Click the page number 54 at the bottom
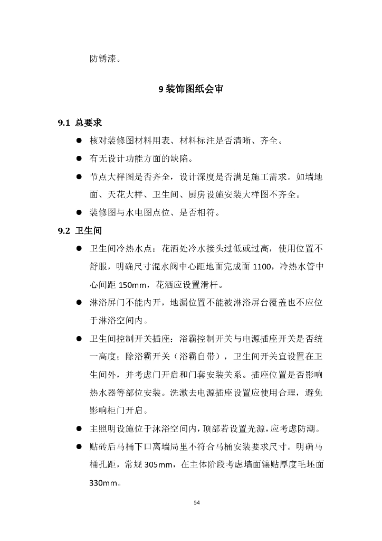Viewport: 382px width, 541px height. point(197,502)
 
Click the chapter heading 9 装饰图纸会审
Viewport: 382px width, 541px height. point(191,89)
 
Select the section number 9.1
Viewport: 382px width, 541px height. point(64,123)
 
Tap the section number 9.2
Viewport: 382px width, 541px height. point(64,231)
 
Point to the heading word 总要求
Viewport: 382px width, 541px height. point(89,123)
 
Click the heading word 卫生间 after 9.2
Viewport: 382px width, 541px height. point(89,231)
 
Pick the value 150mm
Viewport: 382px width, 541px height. point(135,285)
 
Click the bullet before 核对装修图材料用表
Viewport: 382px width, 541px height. point(78,141)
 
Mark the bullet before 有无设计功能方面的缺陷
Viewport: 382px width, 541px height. point(78,159)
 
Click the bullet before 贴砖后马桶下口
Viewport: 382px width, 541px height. point(78,447)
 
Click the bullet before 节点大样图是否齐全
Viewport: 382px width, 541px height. point(78,177)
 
